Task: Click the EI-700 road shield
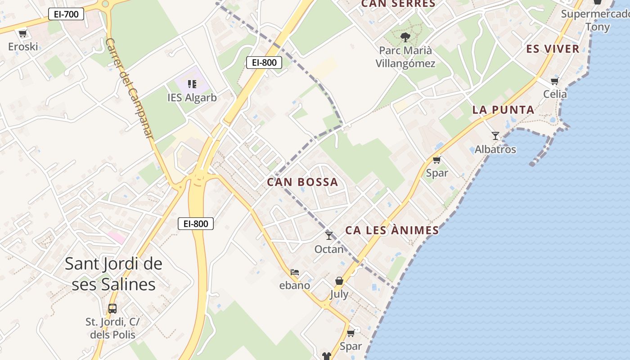(x=66, y=14)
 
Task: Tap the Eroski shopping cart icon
(x=22, y=33)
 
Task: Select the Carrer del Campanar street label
(x=130, y=88)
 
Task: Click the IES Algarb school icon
(x=192, y=84)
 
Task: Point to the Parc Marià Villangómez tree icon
(x=405, y=37)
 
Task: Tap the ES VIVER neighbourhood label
(x=553, y=49)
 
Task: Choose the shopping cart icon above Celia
(x=555, y=81)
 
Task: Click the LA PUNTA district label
(x=503, y=110)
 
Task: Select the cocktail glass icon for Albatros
(x=495, y=135)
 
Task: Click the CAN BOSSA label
(x=302, y=182)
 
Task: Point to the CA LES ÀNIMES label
(x=392, y=230)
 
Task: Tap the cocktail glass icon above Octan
(x=329, y=235)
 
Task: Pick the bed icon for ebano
(x=295, y=272)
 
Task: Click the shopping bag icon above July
(x=339, y=281)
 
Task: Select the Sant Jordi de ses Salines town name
(x=113, y=274)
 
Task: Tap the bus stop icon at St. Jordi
(x=112, y=309)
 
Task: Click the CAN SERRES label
(x=398, y=4)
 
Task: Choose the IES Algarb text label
(x=192, y=98)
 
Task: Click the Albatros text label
(x=495, y=149)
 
